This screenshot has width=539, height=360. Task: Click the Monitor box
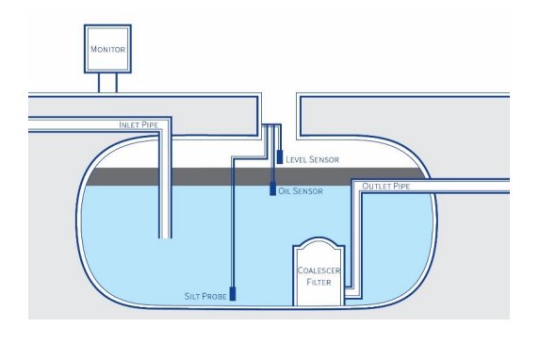click(x=106, y=49)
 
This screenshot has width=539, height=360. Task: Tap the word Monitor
click(x=106, y=49)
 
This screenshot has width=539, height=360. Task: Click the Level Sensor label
click(x=312, y=159)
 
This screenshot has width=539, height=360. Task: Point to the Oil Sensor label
click(x=303, y=191)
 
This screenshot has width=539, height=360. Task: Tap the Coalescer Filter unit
click(x=319, y=272)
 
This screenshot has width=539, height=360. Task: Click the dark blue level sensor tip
click(x=280, y=157)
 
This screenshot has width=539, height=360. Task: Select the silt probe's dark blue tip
click(x=233, y=293)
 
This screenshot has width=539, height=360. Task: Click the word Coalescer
click(x=319, y=270)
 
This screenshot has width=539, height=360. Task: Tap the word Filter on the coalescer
click(x=319, y=282)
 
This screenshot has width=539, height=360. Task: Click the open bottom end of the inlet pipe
click(x=166, y=237)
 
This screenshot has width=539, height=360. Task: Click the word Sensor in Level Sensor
click(x=323, y=159)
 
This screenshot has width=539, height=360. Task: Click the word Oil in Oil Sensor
click(x=284, y=191)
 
